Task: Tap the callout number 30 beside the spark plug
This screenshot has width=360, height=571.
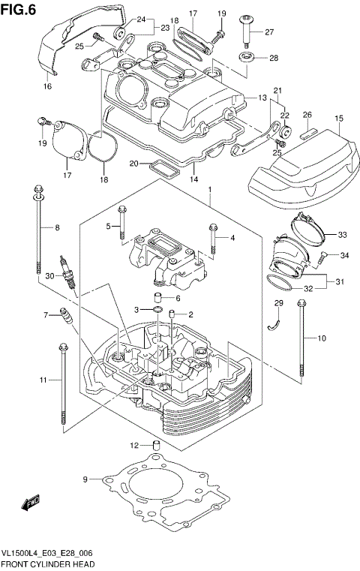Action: point(50,276)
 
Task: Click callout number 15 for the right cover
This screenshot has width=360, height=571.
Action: point(338,119)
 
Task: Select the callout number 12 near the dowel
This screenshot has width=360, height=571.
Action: point(136,445)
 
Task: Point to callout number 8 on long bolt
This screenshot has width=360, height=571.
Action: point(55,227)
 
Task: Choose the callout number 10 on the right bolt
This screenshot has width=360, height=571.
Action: point(322,338)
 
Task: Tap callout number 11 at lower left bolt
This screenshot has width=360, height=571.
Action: point(43,380)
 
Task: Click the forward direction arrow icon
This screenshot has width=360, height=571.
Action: point(30,503)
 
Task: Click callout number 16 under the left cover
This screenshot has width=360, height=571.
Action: point(46,87)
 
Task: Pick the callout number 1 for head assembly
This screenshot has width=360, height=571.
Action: point(211,189)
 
